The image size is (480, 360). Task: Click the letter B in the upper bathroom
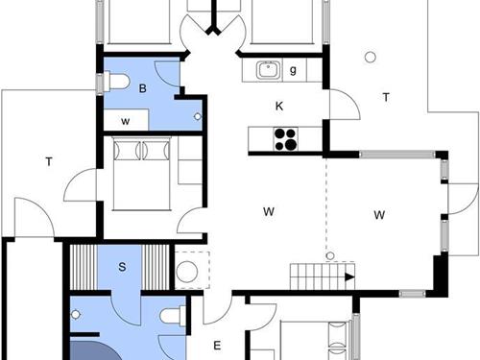pyautogui.click(x=142, y=89)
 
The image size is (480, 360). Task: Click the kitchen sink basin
pyautogui.click(x=267, y=69)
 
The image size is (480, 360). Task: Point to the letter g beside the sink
pyautogui.click(x=292, y=69)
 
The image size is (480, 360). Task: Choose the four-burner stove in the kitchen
pyautogui.click(x=285, y=138)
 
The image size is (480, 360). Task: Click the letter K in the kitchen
pyautogui.click(x=279, y=106)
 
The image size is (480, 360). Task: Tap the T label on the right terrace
pyautogui.click(x=386, y=96)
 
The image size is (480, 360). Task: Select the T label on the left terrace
pyautogui.click(x=47, y=162)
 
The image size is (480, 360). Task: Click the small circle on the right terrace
pyautogui.click(x=369, y=57)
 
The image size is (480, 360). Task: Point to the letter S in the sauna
pyautogui.click(x=122, y=266)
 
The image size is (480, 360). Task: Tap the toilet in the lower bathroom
pyautogui.click(x=173, y=315)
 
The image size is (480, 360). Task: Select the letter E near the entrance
pyautogui.click(x=217, y=346)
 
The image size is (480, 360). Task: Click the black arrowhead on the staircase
pyautogui.click(x=349, y=277)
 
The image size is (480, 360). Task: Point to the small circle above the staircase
pyautogui.click(x=329, y=256)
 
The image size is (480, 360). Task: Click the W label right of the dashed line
pyautogui.click(x=380, y=213)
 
